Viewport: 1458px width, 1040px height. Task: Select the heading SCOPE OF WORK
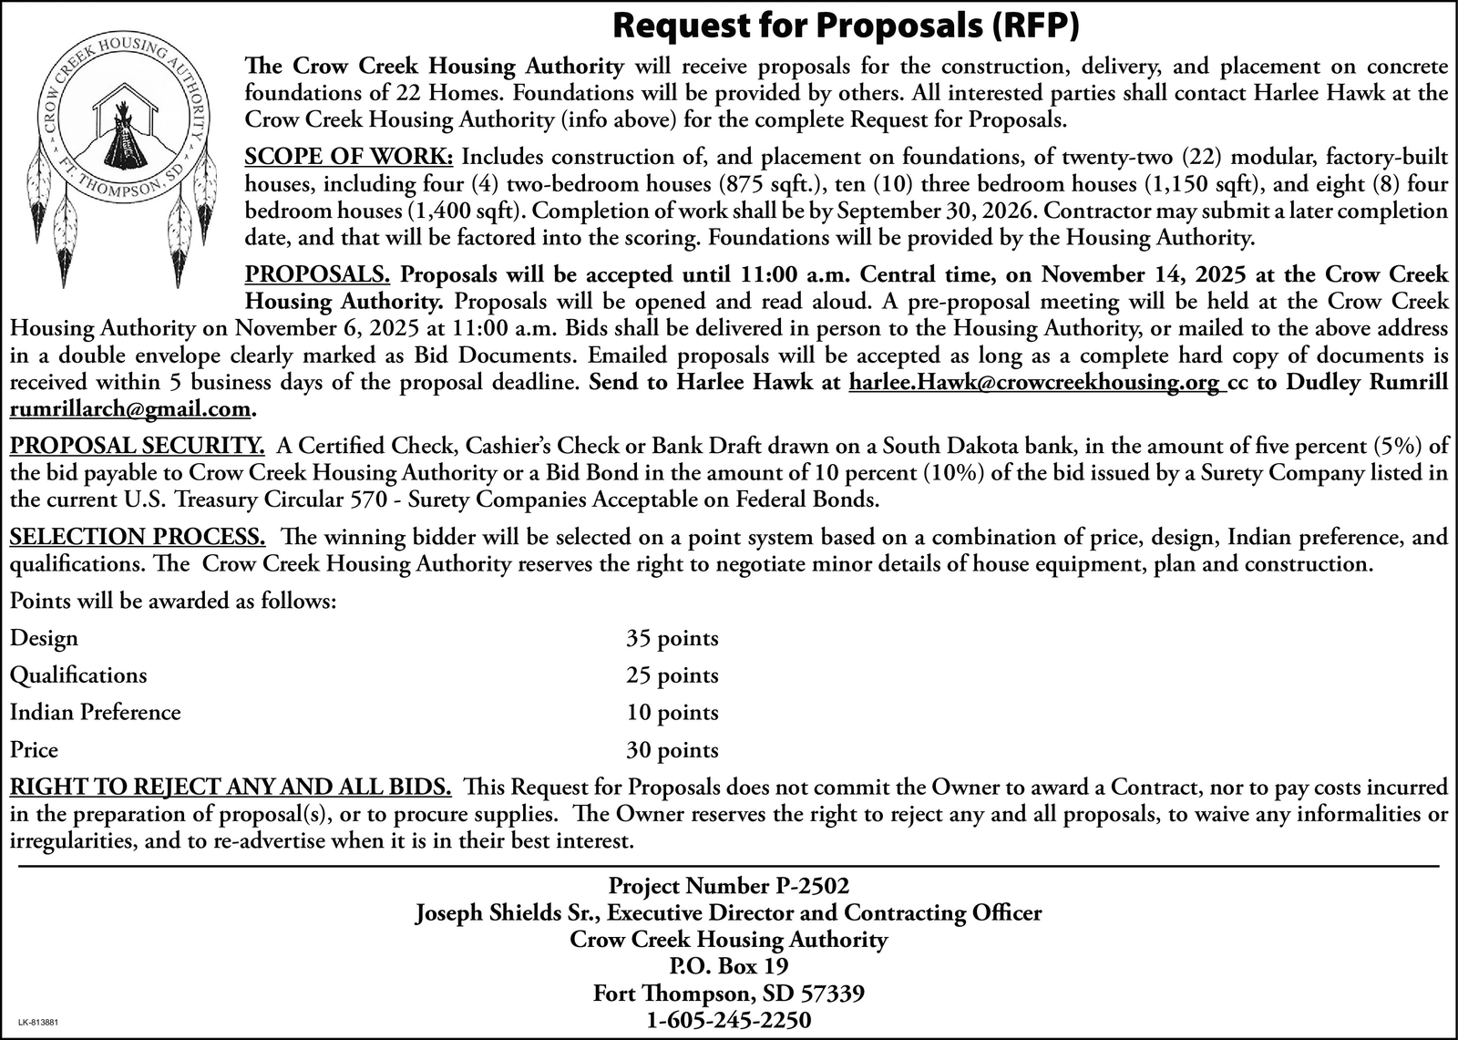click(349, 156)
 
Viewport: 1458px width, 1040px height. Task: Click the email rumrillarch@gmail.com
click(128, 409)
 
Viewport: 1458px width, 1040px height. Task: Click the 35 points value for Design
click(672, 638)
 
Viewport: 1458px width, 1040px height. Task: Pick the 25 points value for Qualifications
click(672, 675)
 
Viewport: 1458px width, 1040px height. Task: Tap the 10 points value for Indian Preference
click(672, 713)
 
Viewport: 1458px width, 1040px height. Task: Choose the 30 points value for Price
click(672, 750)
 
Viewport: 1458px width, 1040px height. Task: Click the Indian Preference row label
click(95, 712)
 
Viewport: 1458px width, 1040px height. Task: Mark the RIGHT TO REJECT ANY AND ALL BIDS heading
click(230, 786)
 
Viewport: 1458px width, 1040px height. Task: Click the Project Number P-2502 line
click(728, 885)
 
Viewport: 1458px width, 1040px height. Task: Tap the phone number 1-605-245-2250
click(728, 1020)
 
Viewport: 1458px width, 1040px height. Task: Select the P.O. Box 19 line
click(728, 965)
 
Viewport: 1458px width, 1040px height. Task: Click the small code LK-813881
click(38, 1024)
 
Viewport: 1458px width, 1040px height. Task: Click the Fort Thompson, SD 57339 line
click(728, 993)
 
